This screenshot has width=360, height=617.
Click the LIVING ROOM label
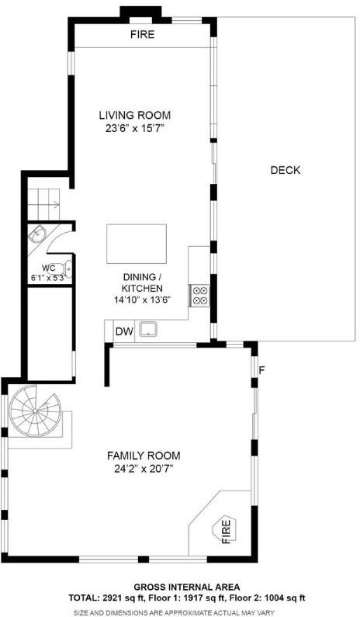coord(134,116)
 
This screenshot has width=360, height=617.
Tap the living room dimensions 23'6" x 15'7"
coord(134,129)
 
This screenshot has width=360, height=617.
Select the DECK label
coord(286,171)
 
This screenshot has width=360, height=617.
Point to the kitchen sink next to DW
coord(148,328)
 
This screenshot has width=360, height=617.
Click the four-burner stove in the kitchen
coord(200,296)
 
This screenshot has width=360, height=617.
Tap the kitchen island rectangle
coord(137,244)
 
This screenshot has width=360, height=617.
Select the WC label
coord(48,268)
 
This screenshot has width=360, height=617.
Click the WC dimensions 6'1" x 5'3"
coord(49,277)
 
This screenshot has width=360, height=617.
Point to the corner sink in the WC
coord(38,235)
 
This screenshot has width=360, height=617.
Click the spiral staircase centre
coord(36,411)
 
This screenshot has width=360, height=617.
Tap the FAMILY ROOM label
coord(144,456)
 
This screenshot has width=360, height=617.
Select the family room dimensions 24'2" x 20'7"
coord(144,469)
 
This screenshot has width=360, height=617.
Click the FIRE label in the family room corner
coord(227,531)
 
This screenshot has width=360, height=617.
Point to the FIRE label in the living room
coord(143,35)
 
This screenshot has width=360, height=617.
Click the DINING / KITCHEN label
coord(143,283)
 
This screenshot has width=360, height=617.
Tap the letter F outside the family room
coord(261,370)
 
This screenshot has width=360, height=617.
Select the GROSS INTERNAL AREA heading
coord(186,588)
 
